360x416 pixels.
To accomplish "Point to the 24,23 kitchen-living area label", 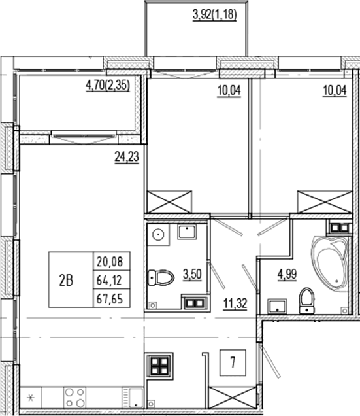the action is pos(127,157).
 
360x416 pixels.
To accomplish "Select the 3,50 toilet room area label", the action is pos(193,274).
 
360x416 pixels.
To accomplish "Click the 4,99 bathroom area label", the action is pos(287,274).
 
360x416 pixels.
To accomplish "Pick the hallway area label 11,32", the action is pos(235,303).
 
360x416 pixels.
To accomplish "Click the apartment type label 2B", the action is pos(66,281).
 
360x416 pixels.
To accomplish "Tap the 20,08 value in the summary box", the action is pos(110,262).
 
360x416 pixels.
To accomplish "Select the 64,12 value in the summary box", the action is pos(109,280).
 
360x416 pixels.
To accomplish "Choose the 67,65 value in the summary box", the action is pos(110,299).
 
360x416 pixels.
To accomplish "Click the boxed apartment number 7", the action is pos(233,362).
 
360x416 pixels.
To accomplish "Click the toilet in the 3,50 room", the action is pos(161,278).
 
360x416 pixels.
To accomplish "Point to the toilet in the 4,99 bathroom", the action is pos(306,301).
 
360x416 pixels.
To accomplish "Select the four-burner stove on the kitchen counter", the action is pos(74,397).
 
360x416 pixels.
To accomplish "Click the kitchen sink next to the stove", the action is pos(133,398).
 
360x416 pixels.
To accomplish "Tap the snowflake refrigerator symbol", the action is pos(31,398).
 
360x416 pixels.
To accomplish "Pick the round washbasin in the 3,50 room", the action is pos(158,235).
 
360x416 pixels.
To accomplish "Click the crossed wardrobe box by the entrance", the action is pos(233,397).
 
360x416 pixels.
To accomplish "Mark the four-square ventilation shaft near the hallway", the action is pos(159,366).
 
